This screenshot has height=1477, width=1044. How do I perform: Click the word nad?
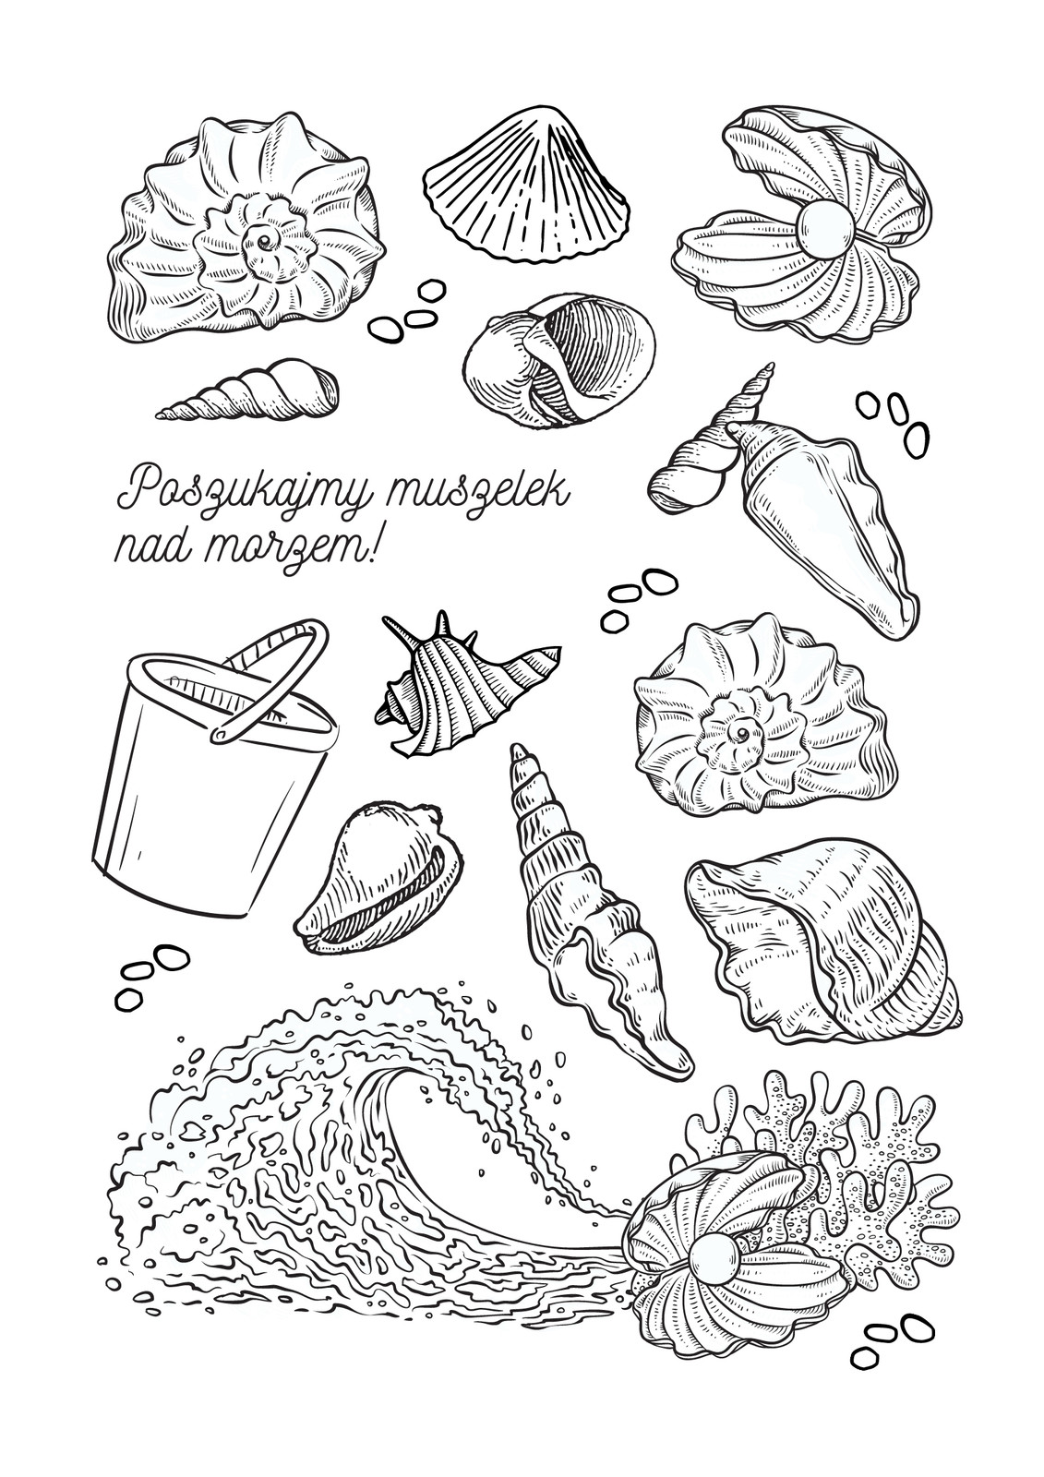(153, 544)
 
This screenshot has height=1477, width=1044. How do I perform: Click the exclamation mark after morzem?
(374, 542)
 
